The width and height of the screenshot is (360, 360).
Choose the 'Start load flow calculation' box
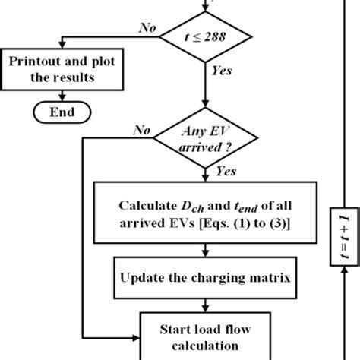pos(206,336)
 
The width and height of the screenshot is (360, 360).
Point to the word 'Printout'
pos(34,61)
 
